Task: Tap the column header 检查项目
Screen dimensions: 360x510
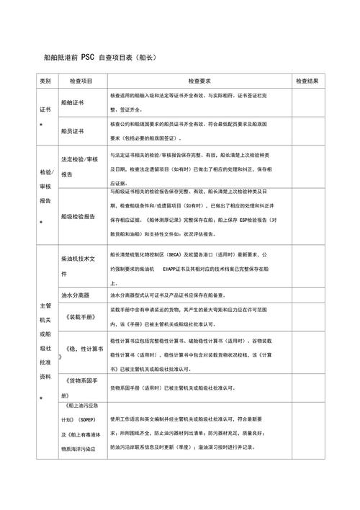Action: [x=78, y=81]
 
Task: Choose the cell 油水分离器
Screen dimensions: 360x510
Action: [x=76, y=295]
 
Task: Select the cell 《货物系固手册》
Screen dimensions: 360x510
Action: [x=80, y=388]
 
